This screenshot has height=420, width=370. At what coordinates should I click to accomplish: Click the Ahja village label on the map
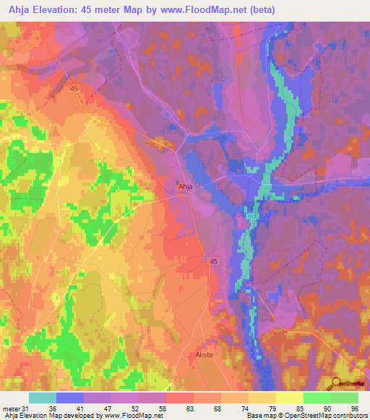click(185, 186)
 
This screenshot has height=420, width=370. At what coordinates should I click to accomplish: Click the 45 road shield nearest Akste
click(213, 261)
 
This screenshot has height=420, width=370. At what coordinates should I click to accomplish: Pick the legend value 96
click(353, 408)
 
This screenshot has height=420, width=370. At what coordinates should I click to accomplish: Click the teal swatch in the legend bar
click(43, 398)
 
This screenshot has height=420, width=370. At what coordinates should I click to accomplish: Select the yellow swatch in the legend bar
click(290, 398)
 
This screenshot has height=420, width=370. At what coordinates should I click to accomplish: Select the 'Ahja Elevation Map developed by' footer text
click(51, 416)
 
